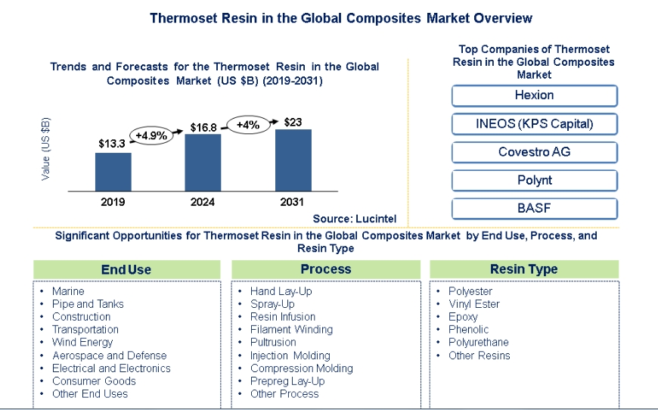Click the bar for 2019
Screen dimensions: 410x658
pos(113,172)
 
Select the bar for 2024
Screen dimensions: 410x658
pos(203,162)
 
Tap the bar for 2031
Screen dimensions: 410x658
pos(293,160)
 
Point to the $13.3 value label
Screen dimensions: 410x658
pos(112,143)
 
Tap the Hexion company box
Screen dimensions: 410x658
pos(534,95)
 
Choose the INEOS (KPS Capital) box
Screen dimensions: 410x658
pos(534,124)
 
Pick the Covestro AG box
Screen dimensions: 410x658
pos(534,152)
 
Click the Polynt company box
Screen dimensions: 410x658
pos(534,181)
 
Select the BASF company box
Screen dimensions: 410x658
pos(534,209)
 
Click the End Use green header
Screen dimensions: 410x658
pos(126,269)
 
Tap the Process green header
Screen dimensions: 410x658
pos(325,269)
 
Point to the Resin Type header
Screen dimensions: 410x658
pos(523,269)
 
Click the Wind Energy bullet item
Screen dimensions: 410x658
pos(82,343)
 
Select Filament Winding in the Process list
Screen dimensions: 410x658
pos(291,330)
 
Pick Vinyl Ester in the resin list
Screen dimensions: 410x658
pos(473,304)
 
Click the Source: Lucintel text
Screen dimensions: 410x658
pos(355,219)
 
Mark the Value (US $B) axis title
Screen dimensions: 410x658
pos(46,148)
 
